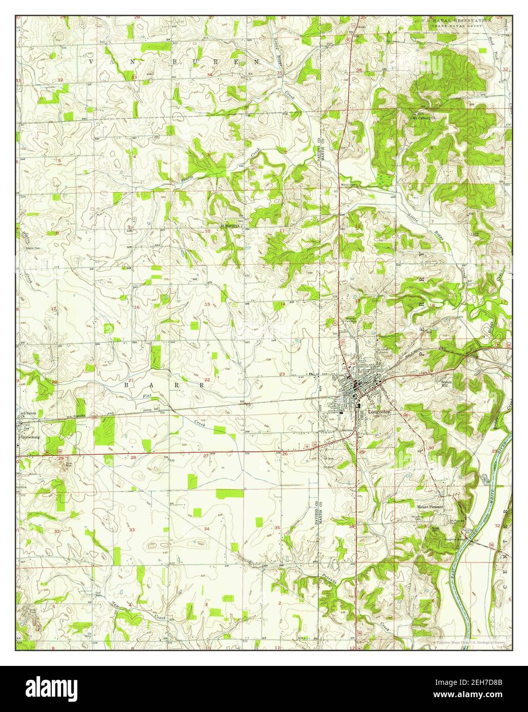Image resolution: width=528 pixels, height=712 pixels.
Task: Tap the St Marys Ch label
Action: (230, 225)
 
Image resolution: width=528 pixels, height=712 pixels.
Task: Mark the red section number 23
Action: (282, 374)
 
